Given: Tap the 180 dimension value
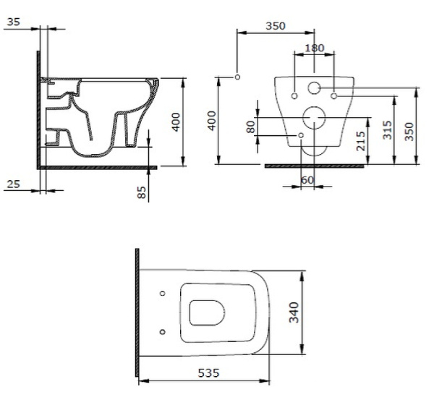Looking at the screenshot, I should pos(315,48).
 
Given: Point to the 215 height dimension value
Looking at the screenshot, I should pos(361,141).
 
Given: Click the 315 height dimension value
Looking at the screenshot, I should pos(387,129).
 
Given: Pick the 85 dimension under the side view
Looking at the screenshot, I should pos(142,192).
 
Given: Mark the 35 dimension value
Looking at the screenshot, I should pos(12,22).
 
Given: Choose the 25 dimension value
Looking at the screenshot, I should pos(12,184).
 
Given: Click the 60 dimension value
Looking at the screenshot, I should pos(307,179).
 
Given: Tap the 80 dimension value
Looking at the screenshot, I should pos(251,126).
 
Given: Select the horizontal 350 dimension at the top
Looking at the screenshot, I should pos(275,26).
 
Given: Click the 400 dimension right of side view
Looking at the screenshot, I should pos(175,122).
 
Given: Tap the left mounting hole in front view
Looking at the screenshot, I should pos(295,95).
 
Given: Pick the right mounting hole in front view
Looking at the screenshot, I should pos(333,95).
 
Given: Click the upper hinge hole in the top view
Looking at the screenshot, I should pos(161,294).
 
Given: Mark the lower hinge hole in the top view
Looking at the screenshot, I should pos(161,332).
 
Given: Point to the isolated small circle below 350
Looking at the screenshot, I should pos(237,77).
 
